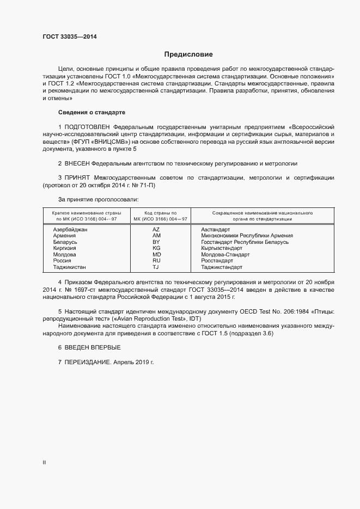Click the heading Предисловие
(x=188, y=54)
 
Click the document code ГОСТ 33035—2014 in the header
(x=70, y=37)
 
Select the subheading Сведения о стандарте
(x=91, y=112)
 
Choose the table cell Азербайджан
(x=70, y=230)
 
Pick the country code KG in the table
(x=156, y=248)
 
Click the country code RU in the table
(x=156, y=261)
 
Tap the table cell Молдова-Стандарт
(x=225, y=254)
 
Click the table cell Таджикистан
(x=69, y=267)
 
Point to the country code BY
(x=156, y=242)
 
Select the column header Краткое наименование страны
(x=87, y=212)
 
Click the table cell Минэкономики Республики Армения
(x=247, y=236)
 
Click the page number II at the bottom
(x=44, y=463)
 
